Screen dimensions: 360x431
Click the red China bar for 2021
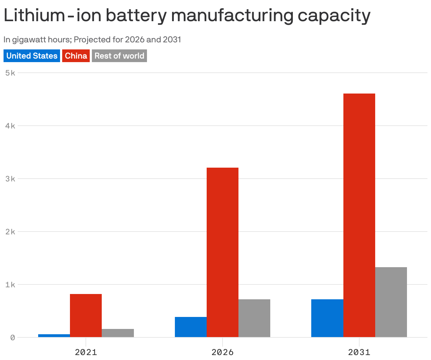tap(86, 316)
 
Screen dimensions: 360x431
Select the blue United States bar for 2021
tap(54, 336)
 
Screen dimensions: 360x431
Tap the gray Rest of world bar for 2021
tap(118, 333)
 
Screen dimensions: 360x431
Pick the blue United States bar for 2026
tap(191, 327)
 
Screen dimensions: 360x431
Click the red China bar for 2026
tap(223, 252)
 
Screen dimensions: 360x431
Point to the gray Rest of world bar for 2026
tap(254, 318)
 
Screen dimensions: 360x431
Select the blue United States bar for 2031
tap(327, 318)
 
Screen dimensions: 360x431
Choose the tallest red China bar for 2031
tap(359, 215)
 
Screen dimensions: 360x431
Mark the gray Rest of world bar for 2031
tap(391, 302)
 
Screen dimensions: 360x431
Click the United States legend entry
tap(32, 56)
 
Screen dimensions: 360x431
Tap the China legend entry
tap(76, 56)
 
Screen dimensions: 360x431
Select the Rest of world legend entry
tap(119, 56)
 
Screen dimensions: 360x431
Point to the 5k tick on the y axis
tap(10, 73)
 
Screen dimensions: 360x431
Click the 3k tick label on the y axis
tap(10, 179)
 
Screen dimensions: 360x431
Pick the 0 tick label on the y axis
tap(12, 338)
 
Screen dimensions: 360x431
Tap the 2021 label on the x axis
tap(86, 352)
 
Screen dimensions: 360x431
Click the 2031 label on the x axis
tap(359, 352)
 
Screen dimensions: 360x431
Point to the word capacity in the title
tap(333, 16)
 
